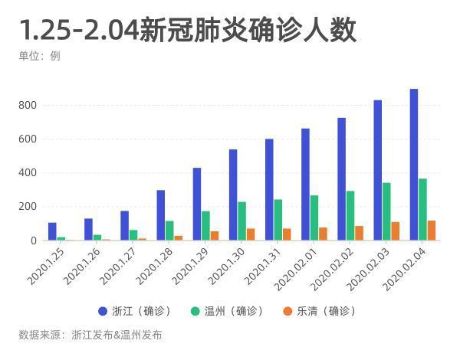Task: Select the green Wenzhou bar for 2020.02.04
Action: pyautogui.click(x=422, y=210)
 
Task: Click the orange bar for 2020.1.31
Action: pyautogui.click(x=287, y=234)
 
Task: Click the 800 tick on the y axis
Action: pyautogui.click(x=28, y=106)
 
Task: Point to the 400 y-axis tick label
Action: pyautogui.click(x=28, y=173)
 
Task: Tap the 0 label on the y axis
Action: pyautogui.click(x=33, y=241)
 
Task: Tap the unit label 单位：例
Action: pyautogui.click(x=39, y=56)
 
